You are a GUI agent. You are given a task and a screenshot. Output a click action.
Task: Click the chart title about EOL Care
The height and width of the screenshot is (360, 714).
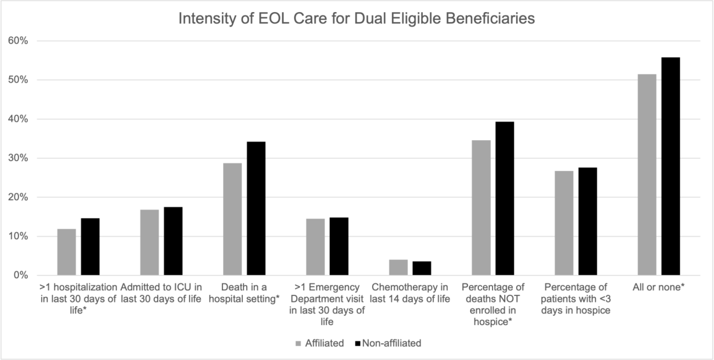[x=356, y=18]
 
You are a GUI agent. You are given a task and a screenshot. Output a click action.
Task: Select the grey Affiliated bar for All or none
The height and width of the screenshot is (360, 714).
[x=647, y=175]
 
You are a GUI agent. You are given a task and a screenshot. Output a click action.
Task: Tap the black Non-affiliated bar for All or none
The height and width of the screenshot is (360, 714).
[x=670, y=166]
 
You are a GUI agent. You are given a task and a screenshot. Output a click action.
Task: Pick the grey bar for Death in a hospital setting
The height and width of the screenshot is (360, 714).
[x=232, y=219]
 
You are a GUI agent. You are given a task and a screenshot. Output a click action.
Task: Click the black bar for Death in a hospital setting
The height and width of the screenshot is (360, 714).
[x=256, y=208]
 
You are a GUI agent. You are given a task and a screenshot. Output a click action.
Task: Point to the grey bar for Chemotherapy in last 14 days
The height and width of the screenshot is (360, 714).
[x=398, y=268]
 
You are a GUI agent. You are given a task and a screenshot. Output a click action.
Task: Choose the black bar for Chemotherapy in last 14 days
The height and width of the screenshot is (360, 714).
[x=422, y=268]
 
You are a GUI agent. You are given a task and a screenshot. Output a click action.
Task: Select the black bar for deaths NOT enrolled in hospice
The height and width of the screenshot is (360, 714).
[x=504, y=198]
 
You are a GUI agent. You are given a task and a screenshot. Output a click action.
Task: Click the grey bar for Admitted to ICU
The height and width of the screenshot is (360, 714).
[x=149, y=242]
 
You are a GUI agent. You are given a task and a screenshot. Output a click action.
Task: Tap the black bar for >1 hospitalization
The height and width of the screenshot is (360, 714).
[x=90, y=247]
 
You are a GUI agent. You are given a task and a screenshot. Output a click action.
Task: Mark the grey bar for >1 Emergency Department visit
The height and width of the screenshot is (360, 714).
[x=315, y=247]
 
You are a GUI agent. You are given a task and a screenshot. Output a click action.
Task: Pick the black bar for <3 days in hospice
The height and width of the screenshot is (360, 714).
[x=588, y=221]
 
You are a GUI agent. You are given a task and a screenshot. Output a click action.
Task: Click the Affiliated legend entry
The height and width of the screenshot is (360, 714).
[x=320, y=343]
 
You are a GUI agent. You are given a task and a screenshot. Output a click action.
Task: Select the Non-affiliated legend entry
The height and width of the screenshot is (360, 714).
[x=388, y=343]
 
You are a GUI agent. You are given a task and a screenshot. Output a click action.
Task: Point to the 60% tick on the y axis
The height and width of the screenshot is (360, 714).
[x=18, y=41]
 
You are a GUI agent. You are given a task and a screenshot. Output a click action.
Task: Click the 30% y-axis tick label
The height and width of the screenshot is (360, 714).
[x=18, y=158]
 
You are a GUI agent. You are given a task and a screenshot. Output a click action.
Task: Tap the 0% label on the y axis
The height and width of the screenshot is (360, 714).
[x=21, y=275]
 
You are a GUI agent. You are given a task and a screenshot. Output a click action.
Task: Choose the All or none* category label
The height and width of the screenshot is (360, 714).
[x=658, y=287]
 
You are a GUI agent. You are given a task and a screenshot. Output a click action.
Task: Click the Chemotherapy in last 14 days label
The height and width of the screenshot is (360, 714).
[x=410, y=293]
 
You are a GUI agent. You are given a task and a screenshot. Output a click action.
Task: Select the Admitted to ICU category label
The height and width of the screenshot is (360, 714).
[x=161, y=293]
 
